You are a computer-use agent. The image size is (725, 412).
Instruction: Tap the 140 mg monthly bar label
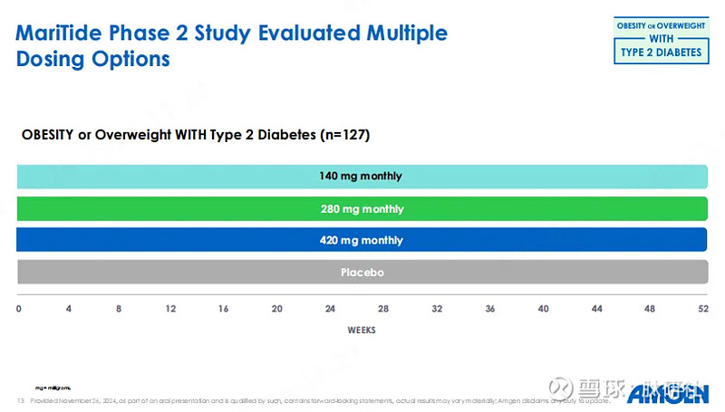361,176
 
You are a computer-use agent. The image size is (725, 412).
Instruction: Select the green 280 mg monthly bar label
362,208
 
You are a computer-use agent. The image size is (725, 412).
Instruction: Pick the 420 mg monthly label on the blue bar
362,240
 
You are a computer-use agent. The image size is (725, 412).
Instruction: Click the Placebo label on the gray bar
362,272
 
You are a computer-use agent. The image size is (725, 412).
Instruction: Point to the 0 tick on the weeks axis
19,309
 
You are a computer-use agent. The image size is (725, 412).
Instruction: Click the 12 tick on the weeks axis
171,309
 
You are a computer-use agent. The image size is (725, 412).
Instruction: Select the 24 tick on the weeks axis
331,309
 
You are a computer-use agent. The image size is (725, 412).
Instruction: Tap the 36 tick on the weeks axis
490,309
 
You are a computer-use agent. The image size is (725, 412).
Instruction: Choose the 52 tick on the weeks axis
702,309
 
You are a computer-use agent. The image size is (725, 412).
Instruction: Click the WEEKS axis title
362,331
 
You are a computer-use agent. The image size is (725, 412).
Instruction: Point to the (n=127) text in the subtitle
346,134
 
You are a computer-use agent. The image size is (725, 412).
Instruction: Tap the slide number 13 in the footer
20,400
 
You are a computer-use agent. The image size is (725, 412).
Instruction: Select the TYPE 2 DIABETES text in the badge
660,53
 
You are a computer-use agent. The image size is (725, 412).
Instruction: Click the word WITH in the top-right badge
660,39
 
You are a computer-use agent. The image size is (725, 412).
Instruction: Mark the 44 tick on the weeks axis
596,309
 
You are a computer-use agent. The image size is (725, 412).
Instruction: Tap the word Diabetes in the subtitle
277,134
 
